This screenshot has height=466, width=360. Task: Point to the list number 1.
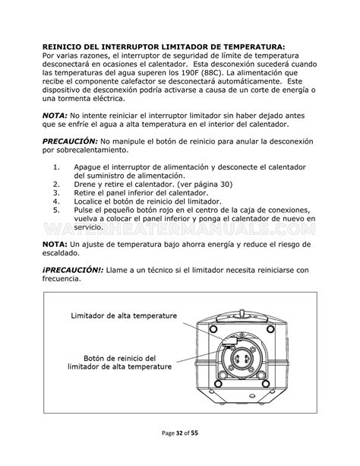click(56, 166)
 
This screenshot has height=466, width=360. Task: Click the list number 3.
click(56, 192)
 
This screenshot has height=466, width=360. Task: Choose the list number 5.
click(56, 209)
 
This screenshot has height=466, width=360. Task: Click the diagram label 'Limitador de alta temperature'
click(124, 315)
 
